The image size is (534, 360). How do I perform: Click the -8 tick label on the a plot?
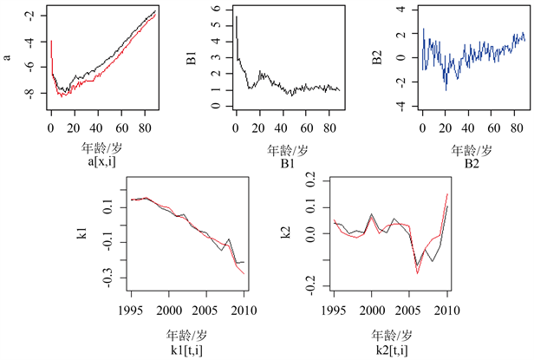click(28, 94)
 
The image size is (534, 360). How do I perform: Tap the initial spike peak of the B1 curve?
click(236, 16)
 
